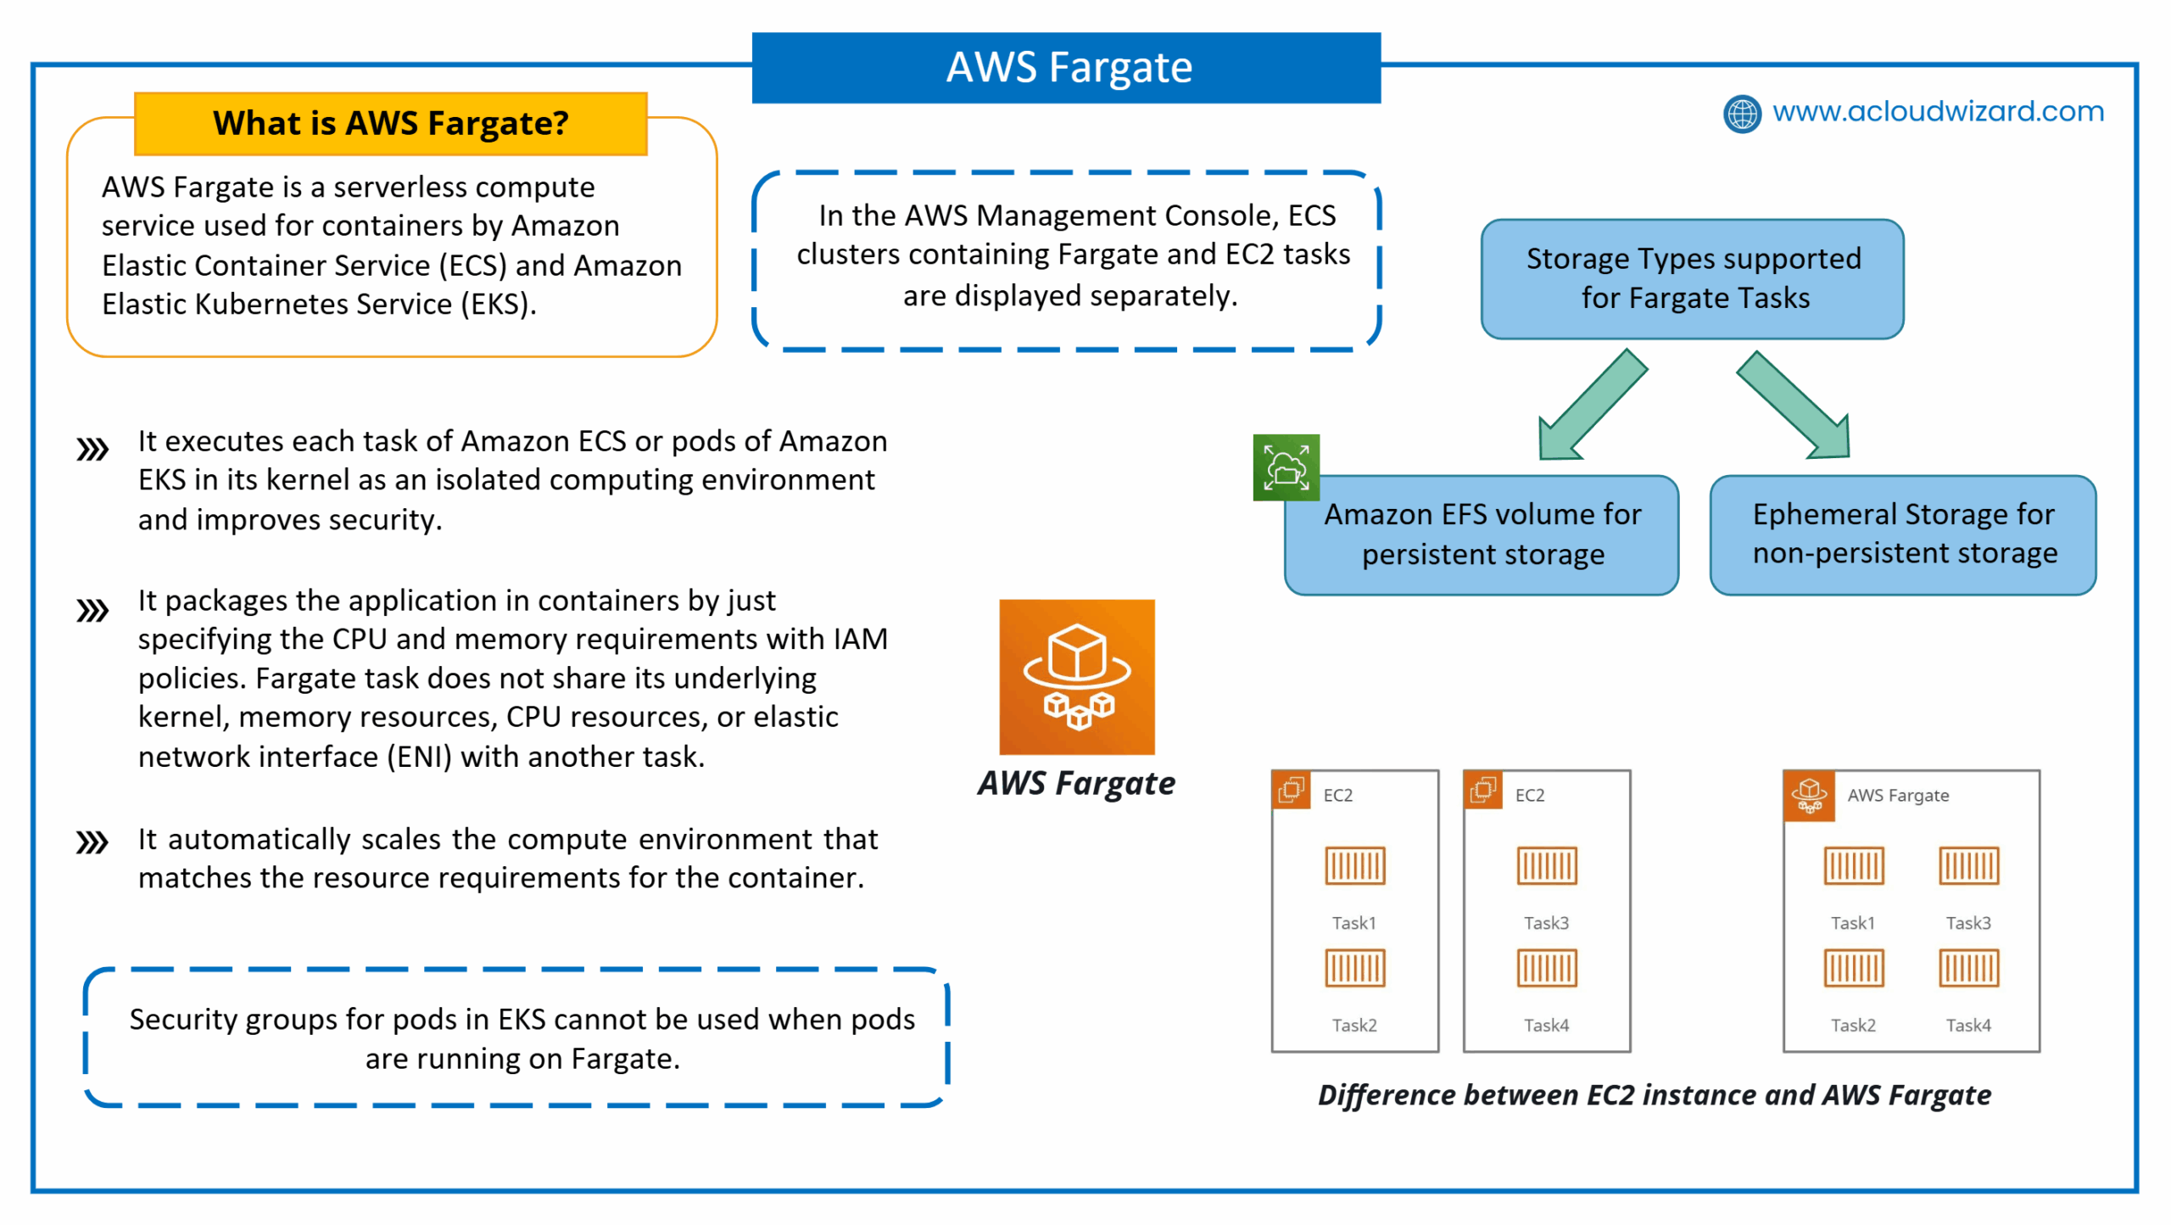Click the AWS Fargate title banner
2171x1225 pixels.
(1066, 67)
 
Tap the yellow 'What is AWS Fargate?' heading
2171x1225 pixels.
(391, 123)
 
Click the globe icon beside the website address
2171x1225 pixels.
(1742, 114)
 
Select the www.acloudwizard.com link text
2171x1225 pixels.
(1938, 111)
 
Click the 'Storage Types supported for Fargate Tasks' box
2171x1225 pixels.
(1692, 278)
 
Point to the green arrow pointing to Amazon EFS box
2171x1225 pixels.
(1591, 406)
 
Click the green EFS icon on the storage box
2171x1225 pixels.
(1286, 467)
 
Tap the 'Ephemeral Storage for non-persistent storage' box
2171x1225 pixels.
(1903, 534)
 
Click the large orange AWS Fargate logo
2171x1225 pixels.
(1076, 677)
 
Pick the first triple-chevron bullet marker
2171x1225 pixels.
(92, 450)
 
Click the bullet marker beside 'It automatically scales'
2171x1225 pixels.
(92, 842)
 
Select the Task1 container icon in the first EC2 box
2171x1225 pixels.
(1354, 865)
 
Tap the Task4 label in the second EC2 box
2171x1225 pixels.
(1546, 1025)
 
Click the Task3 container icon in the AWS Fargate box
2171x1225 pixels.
(1968, 865)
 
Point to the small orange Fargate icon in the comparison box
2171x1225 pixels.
(1809, 796)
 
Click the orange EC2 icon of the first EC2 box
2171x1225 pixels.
(1291, 790)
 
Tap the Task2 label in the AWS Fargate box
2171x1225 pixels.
(1853, 1025)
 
